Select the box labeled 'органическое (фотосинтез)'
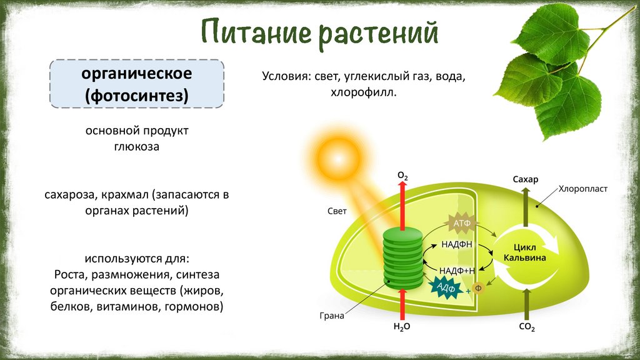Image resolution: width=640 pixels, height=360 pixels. point(136,84)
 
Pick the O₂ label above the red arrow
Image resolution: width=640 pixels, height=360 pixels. point(402,177)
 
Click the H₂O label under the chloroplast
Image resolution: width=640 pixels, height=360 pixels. point(401,326)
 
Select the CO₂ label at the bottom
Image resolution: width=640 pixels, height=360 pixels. point(526,326)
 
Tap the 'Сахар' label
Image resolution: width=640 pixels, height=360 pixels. point(525,180)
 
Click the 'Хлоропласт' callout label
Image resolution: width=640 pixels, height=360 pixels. point(582,187)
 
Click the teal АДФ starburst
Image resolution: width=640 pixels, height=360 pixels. point(445,287)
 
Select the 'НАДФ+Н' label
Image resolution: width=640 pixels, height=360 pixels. point(457,270)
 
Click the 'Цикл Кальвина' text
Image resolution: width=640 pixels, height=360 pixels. point(525,252)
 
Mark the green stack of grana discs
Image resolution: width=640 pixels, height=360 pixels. point(402,257)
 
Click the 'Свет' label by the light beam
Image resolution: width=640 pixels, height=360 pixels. point(337,211)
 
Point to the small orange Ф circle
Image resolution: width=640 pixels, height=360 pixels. point(478,289)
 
